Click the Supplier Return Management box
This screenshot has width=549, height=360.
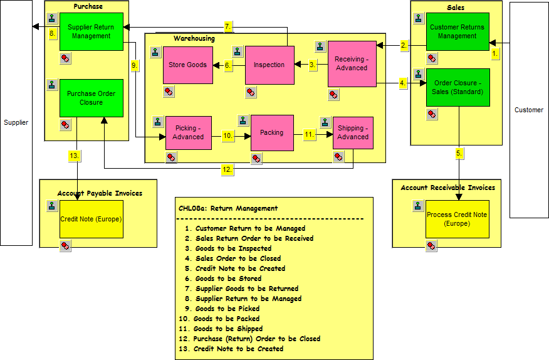point(91,31)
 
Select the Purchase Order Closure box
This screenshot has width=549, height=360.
point(91,98)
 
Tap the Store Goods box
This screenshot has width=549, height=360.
point(188,65)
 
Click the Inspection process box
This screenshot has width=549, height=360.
point(269,65)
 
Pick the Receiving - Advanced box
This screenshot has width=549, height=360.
point(352,63)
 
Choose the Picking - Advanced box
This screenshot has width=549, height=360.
point(188,132)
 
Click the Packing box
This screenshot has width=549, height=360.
point(272,132)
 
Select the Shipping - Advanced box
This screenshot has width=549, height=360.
point(353,132)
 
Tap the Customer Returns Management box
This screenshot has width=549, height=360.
point(457,31)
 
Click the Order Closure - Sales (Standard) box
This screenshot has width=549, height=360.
point(458,87)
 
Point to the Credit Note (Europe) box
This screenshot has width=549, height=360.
point(91,219)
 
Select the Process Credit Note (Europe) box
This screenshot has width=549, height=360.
point(457,219)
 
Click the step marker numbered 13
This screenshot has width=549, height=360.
point(75,156)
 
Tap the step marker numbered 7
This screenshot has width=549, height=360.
point(228,26)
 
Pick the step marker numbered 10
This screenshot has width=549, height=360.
point(228,135)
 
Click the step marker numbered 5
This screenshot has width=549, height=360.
point(459,152)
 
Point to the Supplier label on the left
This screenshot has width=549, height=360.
point(16,122)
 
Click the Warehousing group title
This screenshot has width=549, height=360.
point(194,38)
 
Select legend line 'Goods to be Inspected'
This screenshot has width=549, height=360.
point(233,248)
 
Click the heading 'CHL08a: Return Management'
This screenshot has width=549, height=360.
point(228,208)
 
